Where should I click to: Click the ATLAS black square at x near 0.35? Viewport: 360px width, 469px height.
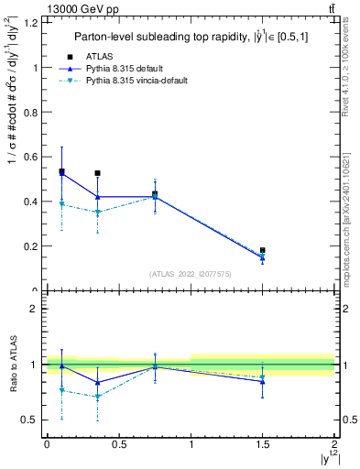pos(97,173)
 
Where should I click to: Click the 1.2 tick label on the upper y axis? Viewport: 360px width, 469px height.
pos(31,23)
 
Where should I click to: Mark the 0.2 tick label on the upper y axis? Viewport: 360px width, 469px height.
pos(31,246)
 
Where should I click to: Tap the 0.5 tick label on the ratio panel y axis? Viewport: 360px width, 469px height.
pos(31,420)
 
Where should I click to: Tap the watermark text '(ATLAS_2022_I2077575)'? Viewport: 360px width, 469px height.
pos(190,274)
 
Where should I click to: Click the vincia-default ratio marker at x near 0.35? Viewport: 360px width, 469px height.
pos(97,397)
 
